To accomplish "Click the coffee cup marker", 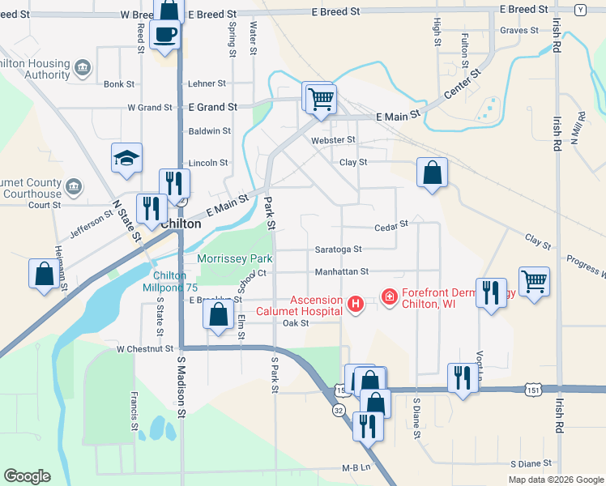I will pyautogui.click(x=165, y=35).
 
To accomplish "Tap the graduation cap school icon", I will pyautogui.click(x=126, y=158).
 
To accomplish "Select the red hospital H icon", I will pyautogui.click(x=354, y=305).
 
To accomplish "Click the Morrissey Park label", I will pyautogui.click(x=235, y=258).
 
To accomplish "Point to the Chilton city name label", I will pyautogui.click(x=181, y=224).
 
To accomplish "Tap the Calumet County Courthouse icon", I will pyautogui.click(x=74, y=187).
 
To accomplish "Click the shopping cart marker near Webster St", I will pyautogui.click(x=321, y=99).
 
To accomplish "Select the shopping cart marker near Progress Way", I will pyautogui.click(x=534, y=283).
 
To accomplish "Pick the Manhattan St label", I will pyautogui.click(x=342, y=271).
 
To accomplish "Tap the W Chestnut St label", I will pyautogui.click(x=145, y=349).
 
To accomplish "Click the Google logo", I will pyautogui.click(x=27, y=476).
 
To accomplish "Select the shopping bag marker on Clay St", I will pyautogui.click(x=432, y=173).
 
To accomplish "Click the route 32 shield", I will pyautogui.click(x=338, y=411).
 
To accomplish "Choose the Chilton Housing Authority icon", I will pyautogui.click(x=82, y=67).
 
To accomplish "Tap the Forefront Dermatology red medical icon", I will pyautogui.click(x=389, y=298).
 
